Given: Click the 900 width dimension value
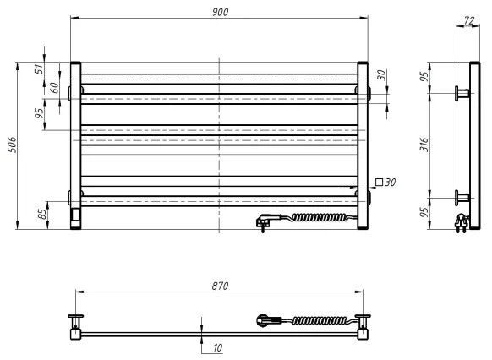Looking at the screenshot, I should pos(220,11).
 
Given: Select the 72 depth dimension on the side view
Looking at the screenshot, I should pos(466,19).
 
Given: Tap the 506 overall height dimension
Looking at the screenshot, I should pos(9,145).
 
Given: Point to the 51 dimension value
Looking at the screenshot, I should pos(39,69).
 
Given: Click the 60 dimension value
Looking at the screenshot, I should pos(52,88).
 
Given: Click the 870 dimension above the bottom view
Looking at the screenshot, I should pos(219,286).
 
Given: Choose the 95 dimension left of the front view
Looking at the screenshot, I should pos(39,114).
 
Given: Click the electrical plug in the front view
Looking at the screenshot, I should pos(265,221).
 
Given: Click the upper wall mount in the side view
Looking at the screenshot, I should pos(462,91).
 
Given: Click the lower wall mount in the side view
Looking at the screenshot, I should pos(462,199).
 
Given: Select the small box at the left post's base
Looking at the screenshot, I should pos(77,215).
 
